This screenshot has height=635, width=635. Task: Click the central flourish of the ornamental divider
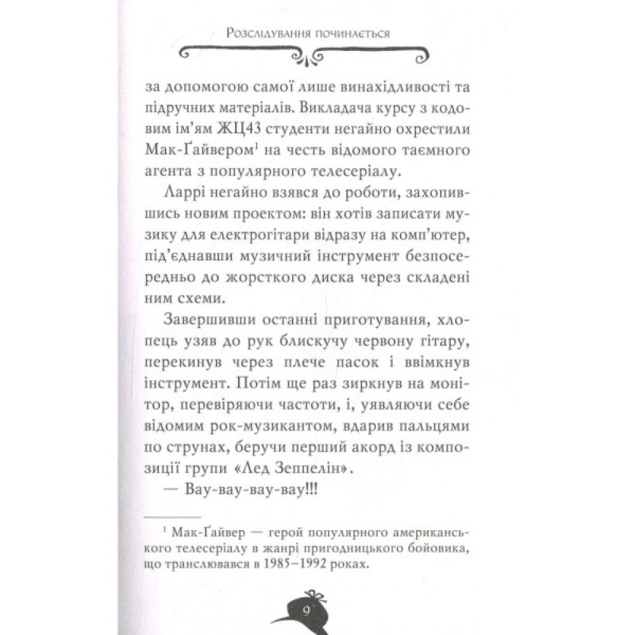click(308, 57)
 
